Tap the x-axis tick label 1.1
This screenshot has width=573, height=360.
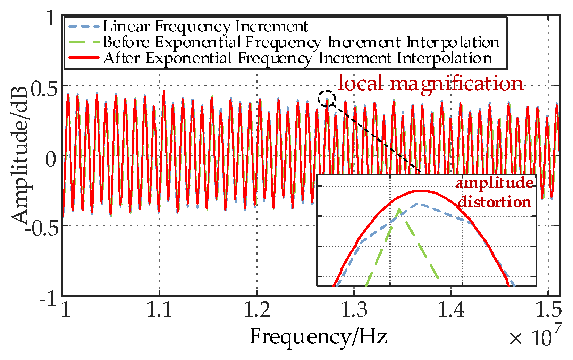tap(159, 310)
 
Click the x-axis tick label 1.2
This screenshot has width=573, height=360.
tap(257, 310)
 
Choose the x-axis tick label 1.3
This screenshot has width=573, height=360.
tap(354, 310)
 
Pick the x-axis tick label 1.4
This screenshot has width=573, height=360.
tap(451, 310)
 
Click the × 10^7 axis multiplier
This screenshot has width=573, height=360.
tap(534, 336)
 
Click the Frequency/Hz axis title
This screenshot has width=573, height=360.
tap(318, 336)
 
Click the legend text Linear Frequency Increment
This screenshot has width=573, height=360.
tap(205, 26)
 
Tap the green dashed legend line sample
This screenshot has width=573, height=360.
tap(84, 42)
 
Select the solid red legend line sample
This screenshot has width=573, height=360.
tap(84, 58)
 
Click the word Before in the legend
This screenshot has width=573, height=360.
tap(126, 42)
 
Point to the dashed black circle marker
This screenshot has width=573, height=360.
tap(327, 98)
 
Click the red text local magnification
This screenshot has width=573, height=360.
tap(430, 84)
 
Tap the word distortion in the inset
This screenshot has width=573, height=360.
tap(494, 202)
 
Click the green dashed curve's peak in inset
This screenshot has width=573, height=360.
tap(399, 209)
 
